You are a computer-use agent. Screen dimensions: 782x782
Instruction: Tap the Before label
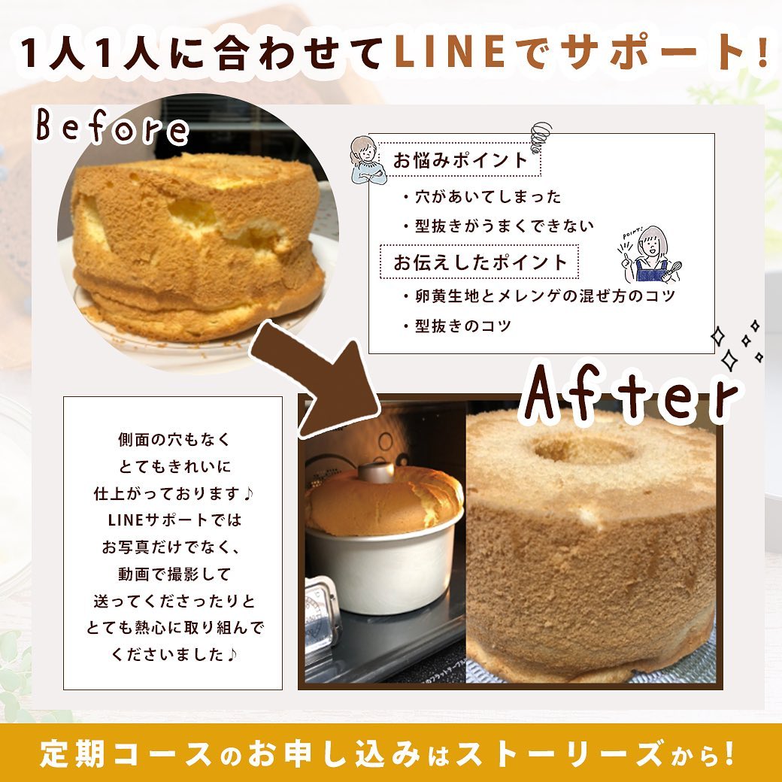(x=113, y=127)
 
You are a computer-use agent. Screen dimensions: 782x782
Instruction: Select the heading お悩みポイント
(x=460, y=160)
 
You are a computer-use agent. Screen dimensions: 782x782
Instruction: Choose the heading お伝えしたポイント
(x=480, y=262)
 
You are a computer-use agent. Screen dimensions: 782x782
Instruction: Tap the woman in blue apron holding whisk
(x=650, y=254)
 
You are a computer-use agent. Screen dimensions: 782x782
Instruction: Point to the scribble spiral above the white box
(x=541, y=138)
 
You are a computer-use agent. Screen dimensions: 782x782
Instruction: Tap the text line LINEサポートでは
(x=174, y=520)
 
